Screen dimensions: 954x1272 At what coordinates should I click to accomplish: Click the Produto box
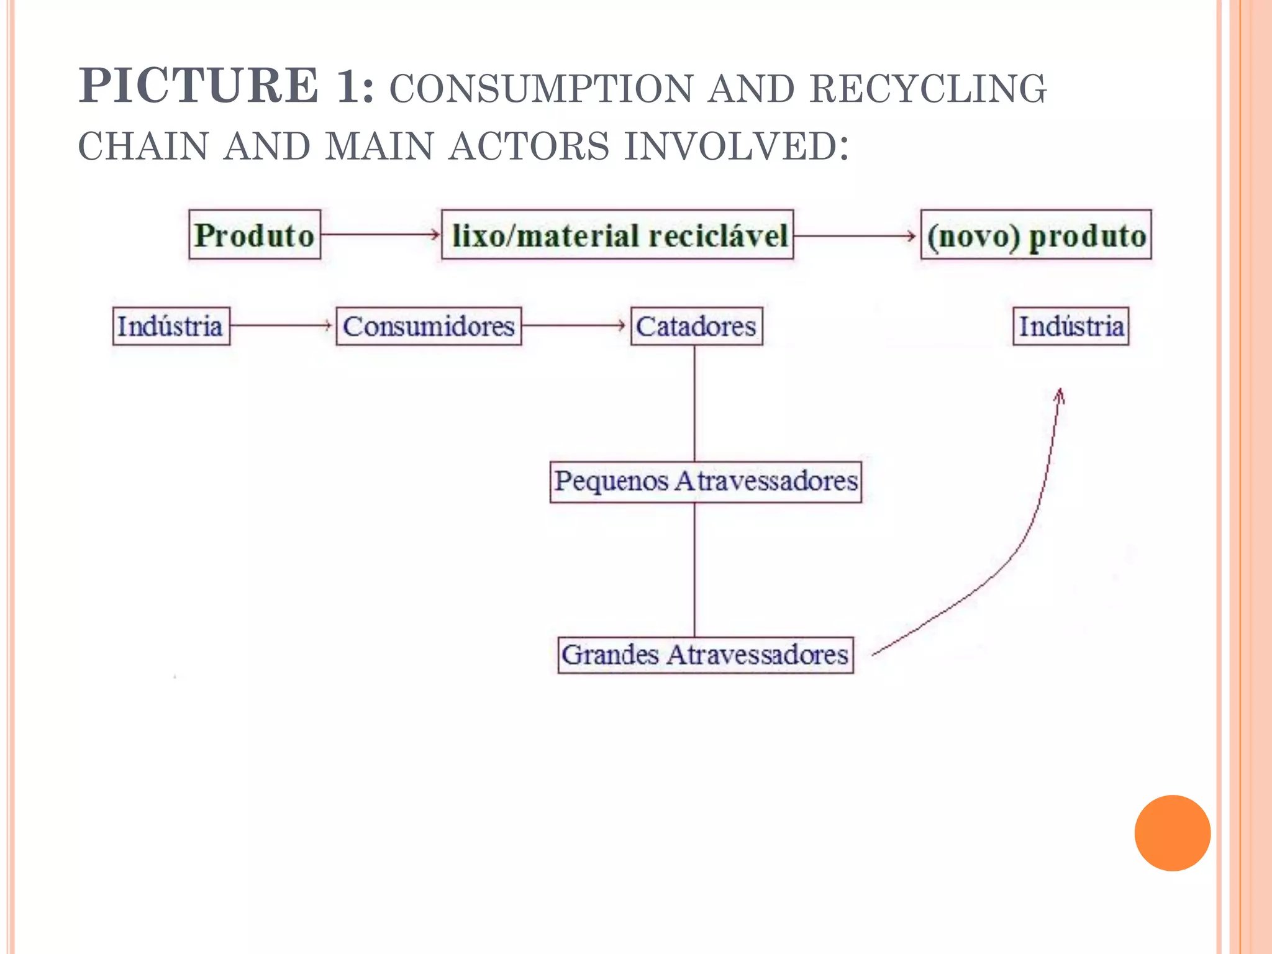[x=255, y=235]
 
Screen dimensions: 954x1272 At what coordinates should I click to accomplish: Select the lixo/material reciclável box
[x=617, y=235]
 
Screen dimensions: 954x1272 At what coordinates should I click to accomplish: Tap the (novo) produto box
[x=1035, y=235]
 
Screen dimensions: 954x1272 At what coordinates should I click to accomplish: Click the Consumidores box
[x=429, y=326]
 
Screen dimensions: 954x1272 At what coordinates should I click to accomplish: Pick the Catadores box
[x=696, y=326]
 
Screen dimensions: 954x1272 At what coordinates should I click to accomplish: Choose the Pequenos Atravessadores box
[x=706, y=481]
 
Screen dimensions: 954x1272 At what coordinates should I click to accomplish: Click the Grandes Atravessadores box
[x=706, y=655]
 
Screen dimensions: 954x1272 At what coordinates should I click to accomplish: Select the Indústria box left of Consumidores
[x=171, y=326]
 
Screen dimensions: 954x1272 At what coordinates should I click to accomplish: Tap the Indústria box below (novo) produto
[x=1071, y=326]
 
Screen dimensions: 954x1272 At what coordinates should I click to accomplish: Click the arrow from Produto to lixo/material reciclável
[x=380, y=234]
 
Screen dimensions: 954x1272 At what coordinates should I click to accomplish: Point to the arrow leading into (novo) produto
[x=856, y=236]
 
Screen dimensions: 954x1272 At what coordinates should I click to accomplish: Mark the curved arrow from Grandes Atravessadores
[x=1019, y=547]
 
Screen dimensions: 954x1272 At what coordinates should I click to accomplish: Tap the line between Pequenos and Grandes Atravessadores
[x=694, y=569]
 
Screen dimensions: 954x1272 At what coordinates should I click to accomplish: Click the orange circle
[x=1172, y=833]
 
